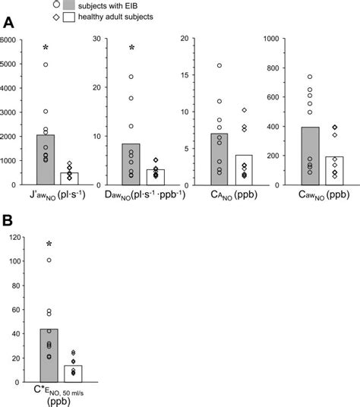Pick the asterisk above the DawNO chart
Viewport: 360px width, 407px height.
[132, 49]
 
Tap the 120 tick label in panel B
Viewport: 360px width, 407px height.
[14, 238]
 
